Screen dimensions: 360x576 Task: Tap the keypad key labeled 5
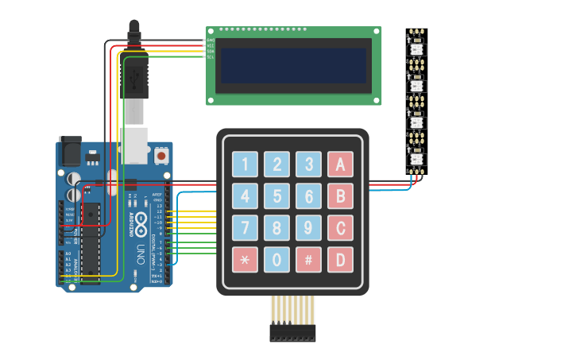pyautogui.click(x=276, y=195)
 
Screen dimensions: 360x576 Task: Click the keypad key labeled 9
pyautogui.click(x=308, y=228)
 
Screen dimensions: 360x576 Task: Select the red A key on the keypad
pyautogui.click(x=340, y=165)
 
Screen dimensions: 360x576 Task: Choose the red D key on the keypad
pyautogui.click(x=340, y=259)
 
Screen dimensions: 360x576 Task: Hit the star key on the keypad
pyautogui.click(x=245, y=259)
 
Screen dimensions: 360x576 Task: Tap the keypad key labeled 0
pyautogui.click(x=276, y=259)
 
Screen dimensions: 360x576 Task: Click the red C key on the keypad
pyautogui.click(x=340, y=228)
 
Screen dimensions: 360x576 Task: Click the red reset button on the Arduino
pyautogui.click(x=162, y=156)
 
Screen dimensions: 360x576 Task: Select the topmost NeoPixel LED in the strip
pyautogui.click(x=417, y=49)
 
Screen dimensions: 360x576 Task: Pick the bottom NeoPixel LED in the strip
pyautogui.click(x=417, y=159)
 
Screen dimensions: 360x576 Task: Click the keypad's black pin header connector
pyautogui.click(x=292, y=333)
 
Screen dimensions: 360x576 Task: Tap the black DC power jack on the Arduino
pyautogui.click(x=70, y=151)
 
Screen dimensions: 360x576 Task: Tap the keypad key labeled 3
pyautogui.click(x=308, y=165)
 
